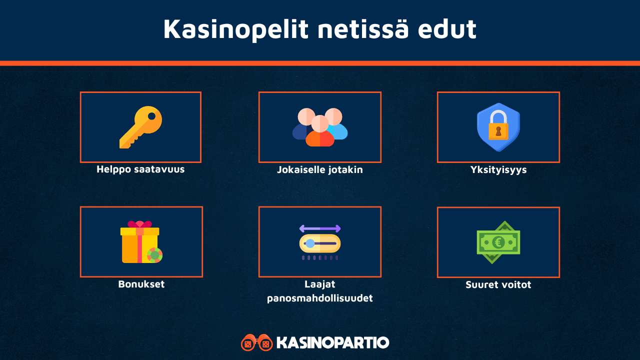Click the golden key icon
click(x=140, y=127)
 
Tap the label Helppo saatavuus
click(x=140, y=169)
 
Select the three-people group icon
click(x=320, y=127)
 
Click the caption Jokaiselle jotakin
click(x=320, y=169)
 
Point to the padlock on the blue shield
click(x=498, y=125)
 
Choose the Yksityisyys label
click(x=498, y=169)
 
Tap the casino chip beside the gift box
click(x=155, y=255)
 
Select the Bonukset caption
click(x=141, y=284)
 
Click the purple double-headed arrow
click(x=320, y=228)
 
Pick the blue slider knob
click(x=310, y=243)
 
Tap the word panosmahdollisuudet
click(x=320, y=298)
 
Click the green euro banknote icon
click(x=498, y=242)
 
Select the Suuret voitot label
click(x=498, y=284)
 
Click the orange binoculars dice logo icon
click(x=257, y=342)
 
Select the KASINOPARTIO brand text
click(x=332, y=342)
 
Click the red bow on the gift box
click(x=139, y=224)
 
